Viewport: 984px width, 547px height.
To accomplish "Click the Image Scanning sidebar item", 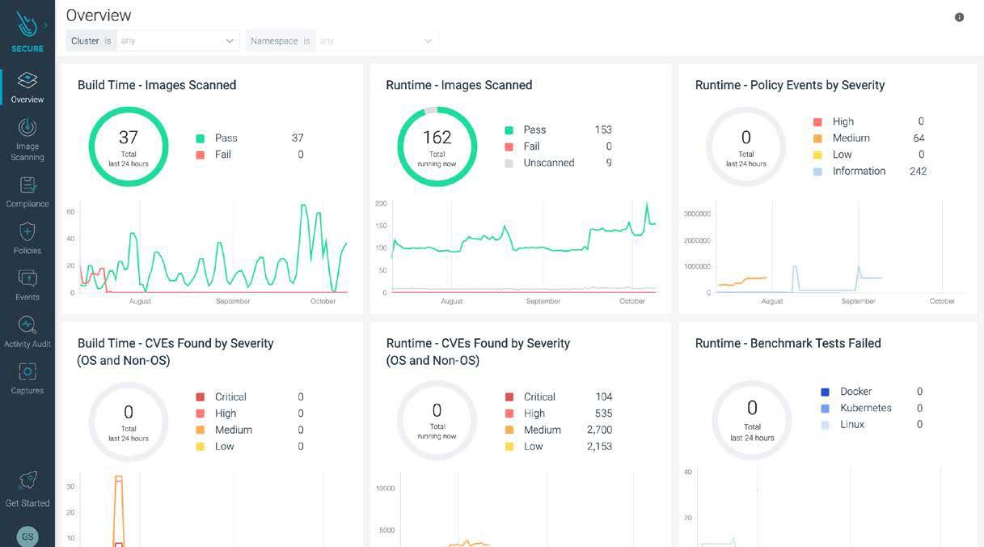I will coord(27,139).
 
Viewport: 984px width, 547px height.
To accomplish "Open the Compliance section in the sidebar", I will coord(27,192).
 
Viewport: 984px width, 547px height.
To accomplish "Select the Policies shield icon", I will coord(27,232).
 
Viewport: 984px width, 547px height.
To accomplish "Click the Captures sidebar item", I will coord(27,379).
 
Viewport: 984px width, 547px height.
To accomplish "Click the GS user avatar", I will coord(27,536).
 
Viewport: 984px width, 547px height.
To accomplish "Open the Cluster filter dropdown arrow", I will coord(230,40).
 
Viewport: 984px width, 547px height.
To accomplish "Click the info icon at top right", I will coord(959,17).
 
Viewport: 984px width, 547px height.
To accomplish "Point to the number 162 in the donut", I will coord(437,138).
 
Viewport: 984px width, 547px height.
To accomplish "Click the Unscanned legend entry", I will coord(548,163).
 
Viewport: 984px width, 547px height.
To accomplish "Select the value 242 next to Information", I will coord(918,171).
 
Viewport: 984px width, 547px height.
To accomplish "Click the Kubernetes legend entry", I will coord(865,408).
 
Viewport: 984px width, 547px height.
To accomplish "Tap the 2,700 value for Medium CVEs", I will coord(599,430).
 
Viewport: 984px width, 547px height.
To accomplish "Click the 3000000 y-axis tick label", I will coord(697,214).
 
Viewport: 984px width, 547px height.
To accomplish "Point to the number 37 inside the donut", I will coord(128,138).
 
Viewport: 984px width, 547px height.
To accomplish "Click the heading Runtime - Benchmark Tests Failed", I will coord(788,343).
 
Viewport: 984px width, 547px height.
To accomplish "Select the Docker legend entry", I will coord(855,392).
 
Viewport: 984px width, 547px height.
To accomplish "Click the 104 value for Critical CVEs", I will coord(603,396).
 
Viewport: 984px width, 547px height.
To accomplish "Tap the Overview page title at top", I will coord(99,15).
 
